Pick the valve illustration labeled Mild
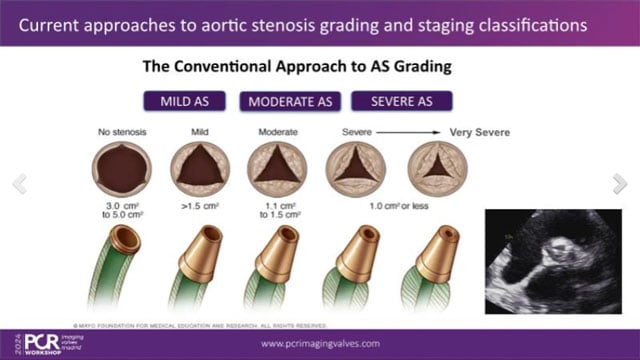click(197, 164)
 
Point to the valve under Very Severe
click(437, 164)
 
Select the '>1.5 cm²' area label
click(197, 206)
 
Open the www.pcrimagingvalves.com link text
click(320, 343)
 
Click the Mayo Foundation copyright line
click(200, 322)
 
